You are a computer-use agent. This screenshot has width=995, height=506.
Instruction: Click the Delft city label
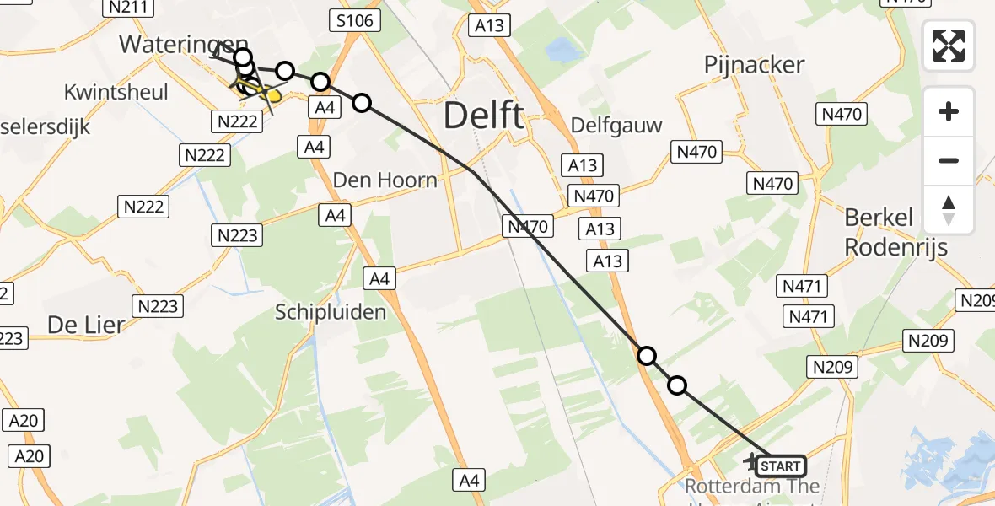coord(484,115)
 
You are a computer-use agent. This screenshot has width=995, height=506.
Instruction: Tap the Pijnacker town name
coord(755,64)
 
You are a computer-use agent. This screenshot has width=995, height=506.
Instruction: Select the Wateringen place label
coord(184,45)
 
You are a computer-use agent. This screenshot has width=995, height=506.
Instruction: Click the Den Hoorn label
coord(385,180)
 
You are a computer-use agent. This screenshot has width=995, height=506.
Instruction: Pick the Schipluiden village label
coord(331,312)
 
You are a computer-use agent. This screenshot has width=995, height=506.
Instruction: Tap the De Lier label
coord(86,324)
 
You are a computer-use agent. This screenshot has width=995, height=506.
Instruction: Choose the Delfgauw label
coord(616,125)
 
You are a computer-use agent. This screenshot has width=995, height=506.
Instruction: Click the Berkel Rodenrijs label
coord(896,232)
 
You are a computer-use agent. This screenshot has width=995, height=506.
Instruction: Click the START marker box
coord(781,466)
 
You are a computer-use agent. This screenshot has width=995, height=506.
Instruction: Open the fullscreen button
coord(949,46)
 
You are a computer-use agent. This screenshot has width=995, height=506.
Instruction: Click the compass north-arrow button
coord(949,210)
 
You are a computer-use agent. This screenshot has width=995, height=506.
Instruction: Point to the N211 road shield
coord(128,8)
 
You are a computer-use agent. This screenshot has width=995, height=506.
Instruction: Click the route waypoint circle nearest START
coord(677,386)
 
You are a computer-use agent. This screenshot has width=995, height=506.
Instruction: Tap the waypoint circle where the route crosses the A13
coord(647,356)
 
